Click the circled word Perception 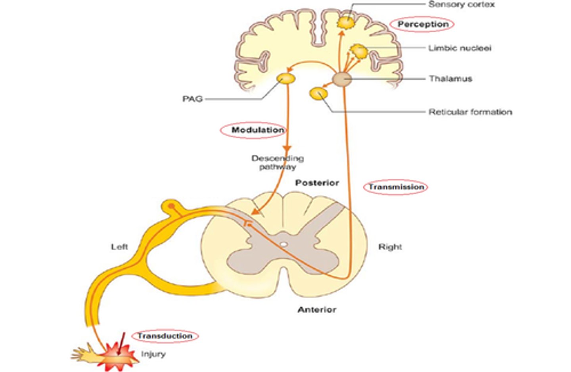point(423,24)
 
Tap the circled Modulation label point(257,130)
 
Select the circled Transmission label point(396,187)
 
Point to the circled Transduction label point(165,336)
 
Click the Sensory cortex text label point(461,5)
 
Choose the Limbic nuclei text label point(460,48)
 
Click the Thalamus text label point(450,79)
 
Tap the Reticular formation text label point(470,112)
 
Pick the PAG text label point(192,99)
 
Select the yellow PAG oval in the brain point(286,79)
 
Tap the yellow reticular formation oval point(318,94)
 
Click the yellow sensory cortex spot point(346,23)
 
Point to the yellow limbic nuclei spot point(359,52)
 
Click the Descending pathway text point(278,163)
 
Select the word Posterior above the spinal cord point(317,183)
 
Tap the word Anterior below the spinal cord point(317,310)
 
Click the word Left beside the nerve point(119,247)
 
